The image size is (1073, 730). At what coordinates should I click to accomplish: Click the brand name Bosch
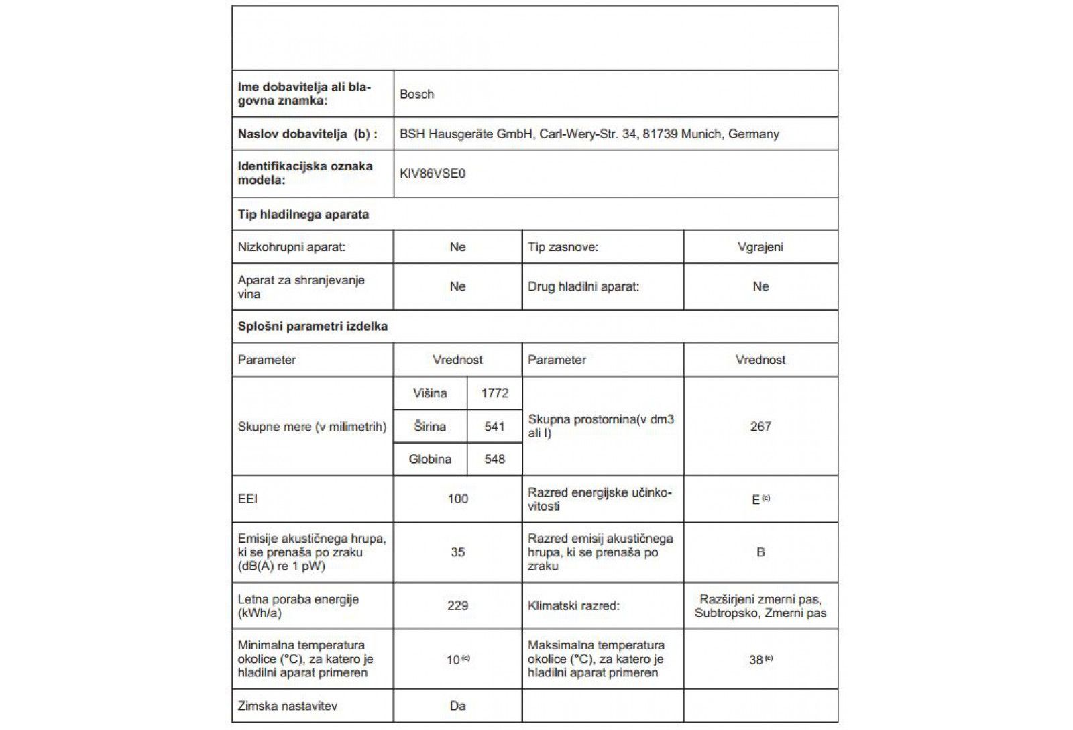(x=416, y=94)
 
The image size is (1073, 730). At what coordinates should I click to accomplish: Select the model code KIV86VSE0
(x=433, y=174)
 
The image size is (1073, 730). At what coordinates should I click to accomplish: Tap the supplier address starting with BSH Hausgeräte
(x=589, y=134)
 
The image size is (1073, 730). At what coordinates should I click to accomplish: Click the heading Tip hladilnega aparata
(x=303, y=215)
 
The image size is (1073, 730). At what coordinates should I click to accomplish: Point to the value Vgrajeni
(x=760, y=247)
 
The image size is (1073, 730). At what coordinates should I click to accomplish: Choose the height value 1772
(x=494, y=393)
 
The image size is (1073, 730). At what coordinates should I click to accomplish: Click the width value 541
(x=494, y=427)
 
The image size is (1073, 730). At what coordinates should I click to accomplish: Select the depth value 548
(x=494, y=460)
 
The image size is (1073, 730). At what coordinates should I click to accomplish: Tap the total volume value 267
(x=760, y=427)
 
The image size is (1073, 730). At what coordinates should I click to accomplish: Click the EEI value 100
(x=457, y=499)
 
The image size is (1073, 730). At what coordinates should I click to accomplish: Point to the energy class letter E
(x=756, y=500)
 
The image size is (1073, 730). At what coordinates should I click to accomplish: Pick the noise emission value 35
(x=457, y=552)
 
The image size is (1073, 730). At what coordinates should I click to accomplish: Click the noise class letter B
(x=760, y=552)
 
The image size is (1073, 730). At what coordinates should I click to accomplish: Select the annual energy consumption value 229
(x=457, y=606)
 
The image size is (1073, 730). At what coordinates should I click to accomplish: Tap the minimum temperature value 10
(x=453, y=660)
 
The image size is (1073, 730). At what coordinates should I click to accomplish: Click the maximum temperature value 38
(x=756, y=660)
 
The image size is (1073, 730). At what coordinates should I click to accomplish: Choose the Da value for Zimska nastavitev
(x=457, y=706)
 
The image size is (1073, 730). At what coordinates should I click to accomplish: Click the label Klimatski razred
(x=573, y=606)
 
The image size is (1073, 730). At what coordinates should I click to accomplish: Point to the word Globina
(x=430, y=460)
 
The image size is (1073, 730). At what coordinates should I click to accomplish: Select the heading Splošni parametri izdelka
(x=313, y=327)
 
